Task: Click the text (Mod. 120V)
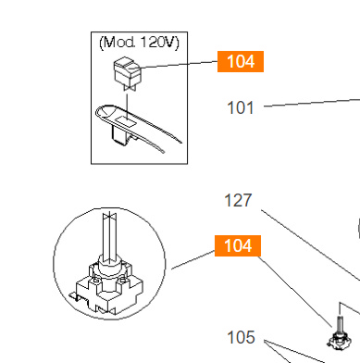click(138, 42)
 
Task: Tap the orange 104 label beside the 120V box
click(240, 61)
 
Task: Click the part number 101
click(240, 107)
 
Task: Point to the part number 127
click(238, 200)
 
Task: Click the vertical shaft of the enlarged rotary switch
click(109, 237)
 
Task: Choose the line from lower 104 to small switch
click(296, 287)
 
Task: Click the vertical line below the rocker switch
click(126, 93)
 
